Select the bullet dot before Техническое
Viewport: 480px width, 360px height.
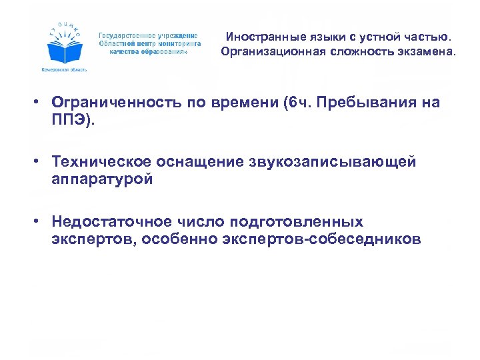(x=41, y=162)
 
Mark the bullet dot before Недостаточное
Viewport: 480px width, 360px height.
(x=41, y=221)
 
